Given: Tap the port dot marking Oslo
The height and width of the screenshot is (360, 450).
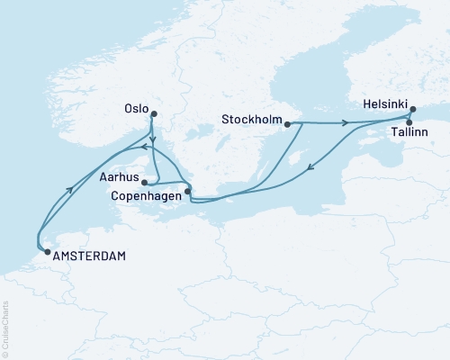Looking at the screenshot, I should [154, 113].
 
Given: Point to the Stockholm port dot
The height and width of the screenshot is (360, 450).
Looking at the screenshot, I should [287, 124].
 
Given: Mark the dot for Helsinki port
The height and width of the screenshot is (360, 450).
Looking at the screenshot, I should [412, 110].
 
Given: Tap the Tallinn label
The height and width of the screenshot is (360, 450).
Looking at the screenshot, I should [409, 133].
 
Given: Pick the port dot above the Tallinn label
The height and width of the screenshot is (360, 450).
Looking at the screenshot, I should [409, 121].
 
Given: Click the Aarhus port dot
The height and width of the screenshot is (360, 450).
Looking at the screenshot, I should [144, 182].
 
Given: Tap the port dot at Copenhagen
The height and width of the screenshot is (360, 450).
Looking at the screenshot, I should [187, 190].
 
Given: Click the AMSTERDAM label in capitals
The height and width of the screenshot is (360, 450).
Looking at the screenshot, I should [89, 256].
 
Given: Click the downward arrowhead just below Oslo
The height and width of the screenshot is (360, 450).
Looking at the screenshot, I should [153, 142].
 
